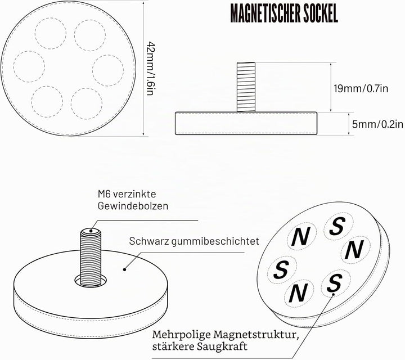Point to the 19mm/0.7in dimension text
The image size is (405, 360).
click(361, 88)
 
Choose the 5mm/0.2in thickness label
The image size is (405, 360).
click(377, 124)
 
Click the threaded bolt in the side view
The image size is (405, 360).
click(246, 87)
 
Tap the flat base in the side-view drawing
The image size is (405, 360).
click(246, 123)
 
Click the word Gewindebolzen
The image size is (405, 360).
click(133, 206)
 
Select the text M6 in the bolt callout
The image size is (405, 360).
click(104, 194)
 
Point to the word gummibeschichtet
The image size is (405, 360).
click(215, 241)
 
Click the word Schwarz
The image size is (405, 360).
click(148, 241)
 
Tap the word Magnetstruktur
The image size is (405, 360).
click(256, 335)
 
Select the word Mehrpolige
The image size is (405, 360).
click(181, 335)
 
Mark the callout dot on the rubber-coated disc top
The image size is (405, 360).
click(124, 269)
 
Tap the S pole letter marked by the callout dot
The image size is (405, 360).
click(335, 282)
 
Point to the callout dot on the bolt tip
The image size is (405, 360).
click(91, 231)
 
